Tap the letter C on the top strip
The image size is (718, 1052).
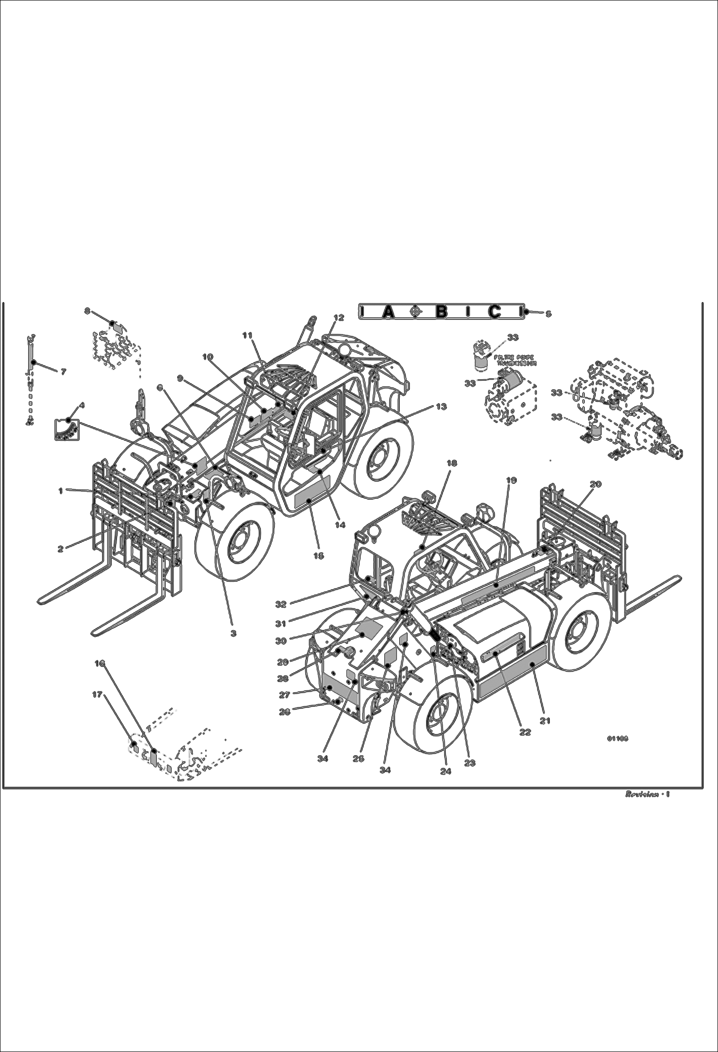[x=495, y=312]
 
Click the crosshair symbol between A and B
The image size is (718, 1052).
[x=416, y=312]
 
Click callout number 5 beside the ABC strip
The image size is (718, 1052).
[x=548, y=314]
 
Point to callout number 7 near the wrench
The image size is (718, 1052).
[x=63, y=371]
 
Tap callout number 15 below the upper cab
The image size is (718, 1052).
[x=318, y=556]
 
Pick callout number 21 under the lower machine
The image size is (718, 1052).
[x=545, y=720]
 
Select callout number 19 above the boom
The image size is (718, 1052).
[x=511, y=480]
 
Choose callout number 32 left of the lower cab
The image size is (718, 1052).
[x=281, y=605]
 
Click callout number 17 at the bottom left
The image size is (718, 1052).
[x=97, y=694]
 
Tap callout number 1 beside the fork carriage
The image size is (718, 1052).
[x=61, y=490]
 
